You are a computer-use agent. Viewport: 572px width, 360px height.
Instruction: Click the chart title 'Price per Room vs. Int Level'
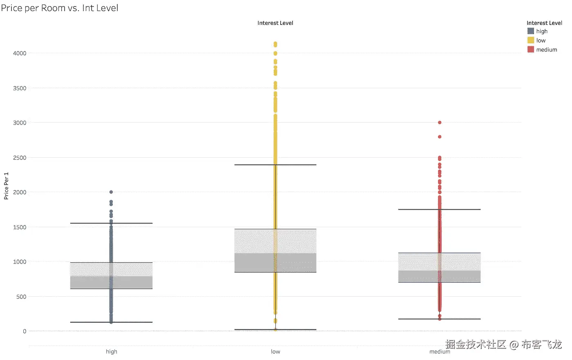coord(60,8)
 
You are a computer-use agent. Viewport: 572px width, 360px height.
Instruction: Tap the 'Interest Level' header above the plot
coord(275,23)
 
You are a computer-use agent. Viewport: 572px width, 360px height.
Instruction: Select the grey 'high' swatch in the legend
coord(531,31)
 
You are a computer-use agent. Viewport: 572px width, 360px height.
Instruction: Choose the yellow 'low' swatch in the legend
coord(531,40)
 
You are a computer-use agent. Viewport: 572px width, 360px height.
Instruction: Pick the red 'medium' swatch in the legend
coord(531,49)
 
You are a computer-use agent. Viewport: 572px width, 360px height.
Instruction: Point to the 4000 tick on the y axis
coord(20,53)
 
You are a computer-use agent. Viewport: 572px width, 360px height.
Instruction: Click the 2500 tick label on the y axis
coord(20,158)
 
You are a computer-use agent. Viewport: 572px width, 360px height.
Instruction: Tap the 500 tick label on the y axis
coord(21,297)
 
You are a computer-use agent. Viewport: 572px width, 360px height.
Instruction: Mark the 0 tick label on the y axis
coord(25,331)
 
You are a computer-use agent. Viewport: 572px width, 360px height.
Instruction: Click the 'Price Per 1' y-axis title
coord(6,186)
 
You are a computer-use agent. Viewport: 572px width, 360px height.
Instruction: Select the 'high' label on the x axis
coord(111,351)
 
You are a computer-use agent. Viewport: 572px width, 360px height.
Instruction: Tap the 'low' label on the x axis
coord(275,351)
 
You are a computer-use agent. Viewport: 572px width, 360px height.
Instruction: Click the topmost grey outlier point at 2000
coord(111,192)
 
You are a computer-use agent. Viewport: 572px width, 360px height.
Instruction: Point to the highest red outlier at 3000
coord(440,123)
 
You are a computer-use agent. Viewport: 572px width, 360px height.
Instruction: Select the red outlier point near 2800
coord(440,137)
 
